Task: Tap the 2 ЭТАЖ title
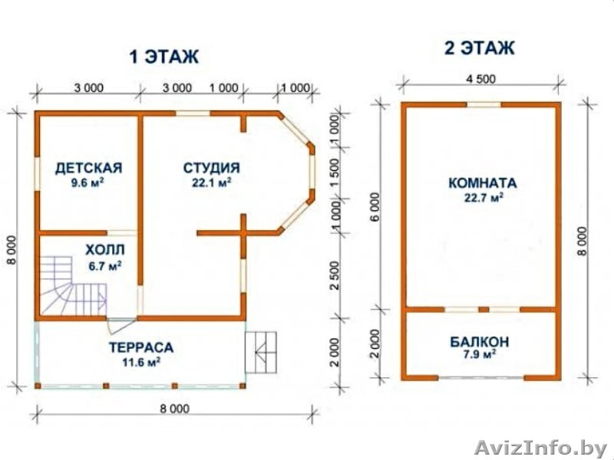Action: click(479, 49)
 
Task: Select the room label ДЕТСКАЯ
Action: click(88, 167)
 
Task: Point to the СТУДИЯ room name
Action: click(211, 167)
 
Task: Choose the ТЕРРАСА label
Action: click(140, 346)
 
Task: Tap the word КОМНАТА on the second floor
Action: click(482, 183)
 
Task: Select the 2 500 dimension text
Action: click(334, 274)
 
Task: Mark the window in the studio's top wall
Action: click(193, 113)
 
